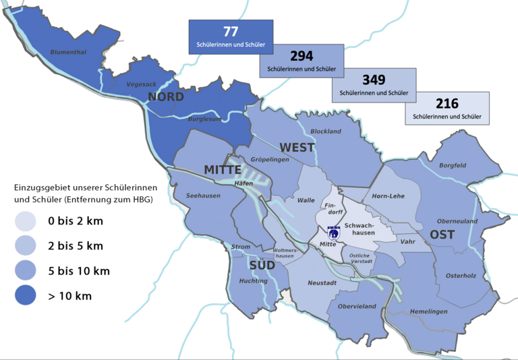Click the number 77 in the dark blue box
(231, 32)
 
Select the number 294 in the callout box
(301, 56)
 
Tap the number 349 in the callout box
(374, 80)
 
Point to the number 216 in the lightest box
(447, 104)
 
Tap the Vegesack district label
(141, 84)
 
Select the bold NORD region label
(166, 97)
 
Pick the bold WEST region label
(297, 148)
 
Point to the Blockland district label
(326, 131)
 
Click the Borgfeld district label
(452, 165)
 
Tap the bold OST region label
(442, 235)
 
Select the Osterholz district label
(461, 275)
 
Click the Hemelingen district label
(428, 311)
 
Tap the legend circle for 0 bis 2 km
(26, 221)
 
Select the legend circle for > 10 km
(26, 296)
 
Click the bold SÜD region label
(261, 265)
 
